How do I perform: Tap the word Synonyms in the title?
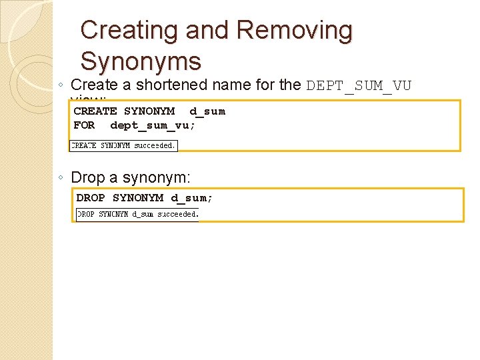[140, 61]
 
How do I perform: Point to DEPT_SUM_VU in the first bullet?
[359, 86]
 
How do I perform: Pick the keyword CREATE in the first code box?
[95, 111]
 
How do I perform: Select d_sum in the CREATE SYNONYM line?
[207, 111]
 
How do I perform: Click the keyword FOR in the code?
[84, 125]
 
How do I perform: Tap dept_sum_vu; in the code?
[153, 125]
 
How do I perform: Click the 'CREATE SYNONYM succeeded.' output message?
[123, 145]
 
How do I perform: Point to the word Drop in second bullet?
[87, 177]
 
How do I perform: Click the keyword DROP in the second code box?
[91, 198]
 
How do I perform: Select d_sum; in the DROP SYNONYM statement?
[192, 198]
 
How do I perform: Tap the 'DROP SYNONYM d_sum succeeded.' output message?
[137, 215]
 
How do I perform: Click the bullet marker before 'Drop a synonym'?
[61, 178]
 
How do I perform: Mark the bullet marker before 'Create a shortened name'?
[61, 86]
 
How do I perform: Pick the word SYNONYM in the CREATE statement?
[149, 111]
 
